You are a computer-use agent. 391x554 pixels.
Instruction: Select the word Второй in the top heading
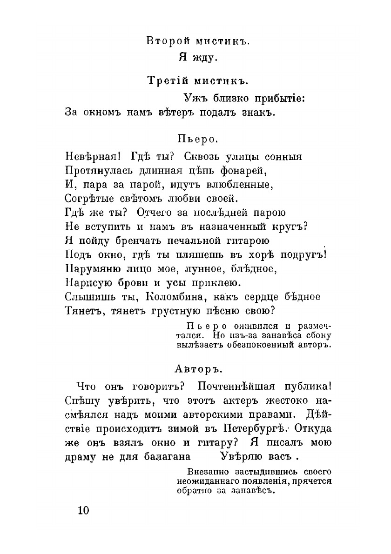coord(162,40)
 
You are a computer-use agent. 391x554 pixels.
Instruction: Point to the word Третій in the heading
coord(161,80)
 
